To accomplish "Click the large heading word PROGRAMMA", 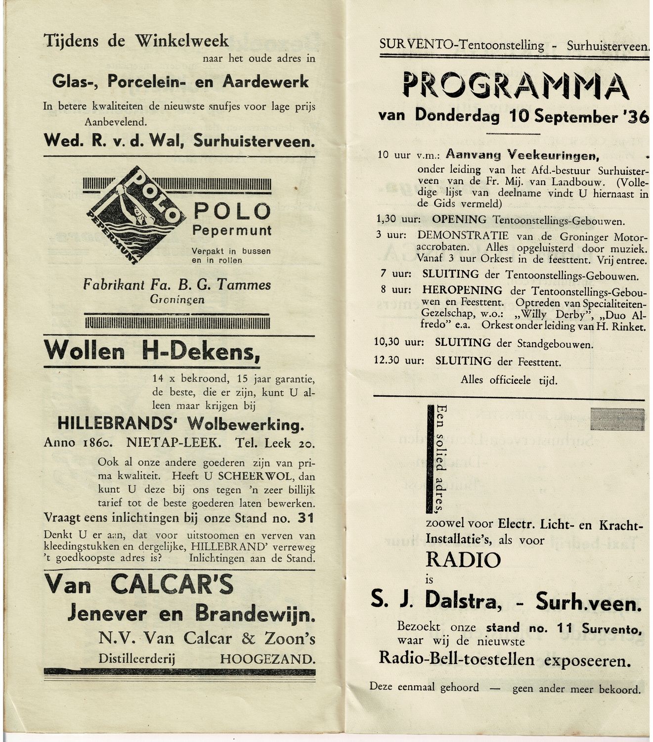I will tap(516, 86).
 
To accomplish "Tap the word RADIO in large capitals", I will tap(463, 560).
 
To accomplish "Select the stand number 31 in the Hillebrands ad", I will tap(305, 518).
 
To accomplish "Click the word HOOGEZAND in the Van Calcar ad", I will tap(267, 659).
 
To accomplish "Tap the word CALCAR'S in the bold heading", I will tap(172, 585).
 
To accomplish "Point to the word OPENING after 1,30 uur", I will tap(459, 220).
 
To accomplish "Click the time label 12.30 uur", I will tap(399, 361).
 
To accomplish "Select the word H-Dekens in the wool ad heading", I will tap(201, 351).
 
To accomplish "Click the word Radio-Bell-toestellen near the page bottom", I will tap(456, 659).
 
